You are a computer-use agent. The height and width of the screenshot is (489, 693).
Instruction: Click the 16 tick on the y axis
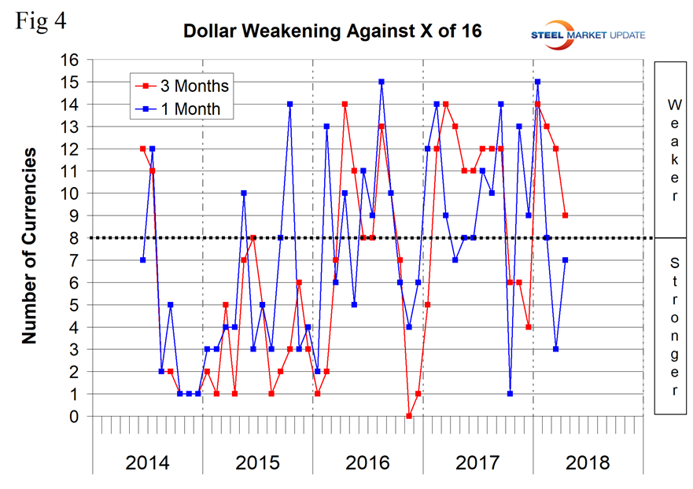click(x=72, y=60)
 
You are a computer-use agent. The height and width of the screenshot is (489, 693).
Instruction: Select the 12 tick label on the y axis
click(x=72, y=149)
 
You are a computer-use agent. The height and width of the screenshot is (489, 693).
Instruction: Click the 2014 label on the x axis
click(x=147, y=462)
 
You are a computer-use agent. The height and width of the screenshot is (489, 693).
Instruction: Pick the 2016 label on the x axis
click(x=367, y=462)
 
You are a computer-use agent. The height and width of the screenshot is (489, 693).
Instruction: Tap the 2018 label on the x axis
click(x=588, y=462)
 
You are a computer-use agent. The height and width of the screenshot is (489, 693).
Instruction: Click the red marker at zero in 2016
click(x=409, y=416)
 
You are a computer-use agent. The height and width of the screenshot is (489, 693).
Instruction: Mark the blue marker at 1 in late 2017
click(x=510, y=394)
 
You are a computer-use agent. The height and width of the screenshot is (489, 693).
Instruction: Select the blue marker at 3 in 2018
click(x=556, y=349)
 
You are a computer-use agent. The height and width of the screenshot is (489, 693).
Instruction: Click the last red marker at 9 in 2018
click(x=565, y=215)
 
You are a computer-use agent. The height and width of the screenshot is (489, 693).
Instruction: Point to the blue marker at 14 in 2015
click(x=289, y=104)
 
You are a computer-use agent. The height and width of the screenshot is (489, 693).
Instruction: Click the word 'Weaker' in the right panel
click(x=673, y=149)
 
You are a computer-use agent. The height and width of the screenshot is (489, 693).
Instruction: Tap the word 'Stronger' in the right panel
click(x=673, y=325)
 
